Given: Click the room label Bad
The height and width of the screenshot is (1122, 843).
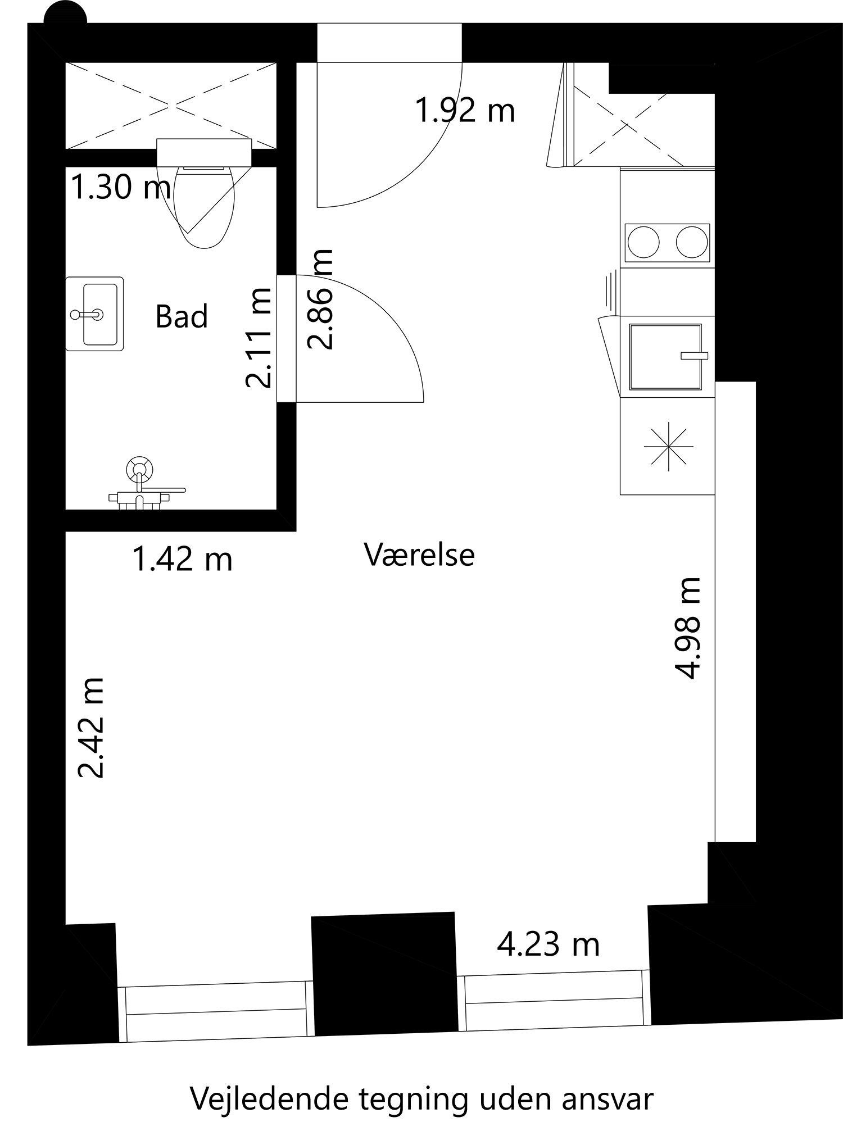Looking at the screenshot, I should [182, 316].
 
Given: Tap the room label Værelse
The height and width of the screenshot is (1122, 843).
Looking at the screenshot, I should [419, 555].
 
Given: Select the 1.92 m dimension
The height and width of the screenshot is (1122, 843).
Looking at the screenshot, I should [465, 111].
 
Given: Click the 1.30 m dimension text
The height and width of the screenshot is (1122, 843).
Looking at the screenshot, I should [120, 188].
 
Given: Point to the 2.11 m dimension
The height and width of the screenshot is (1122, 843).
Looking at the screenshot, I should [259, 338].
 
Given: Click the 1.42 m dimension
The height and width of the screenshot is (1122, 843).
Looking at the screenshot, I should [182, 560].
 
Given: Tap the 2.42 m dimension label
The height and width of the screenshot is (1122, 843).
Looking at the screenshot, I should [91, 727].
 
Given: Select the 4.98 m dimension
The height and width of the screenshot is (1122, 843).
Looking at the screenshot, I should [688, 628].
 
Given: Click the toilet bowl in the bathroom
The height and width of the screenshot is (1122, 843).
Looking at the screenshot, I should [204, 207].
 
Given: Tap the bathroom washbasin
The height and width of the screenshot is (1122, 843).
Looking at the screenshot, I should [94, 314].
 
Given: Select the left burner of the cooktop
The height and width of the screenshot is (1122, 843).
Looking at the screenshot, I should [643, 243].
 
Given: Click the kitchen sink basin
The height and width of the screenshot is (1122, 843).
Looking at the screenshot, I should [665, 357].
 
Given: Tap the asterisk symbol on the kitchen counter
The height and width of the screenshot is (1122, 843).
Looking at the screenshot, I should [668, 446].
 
